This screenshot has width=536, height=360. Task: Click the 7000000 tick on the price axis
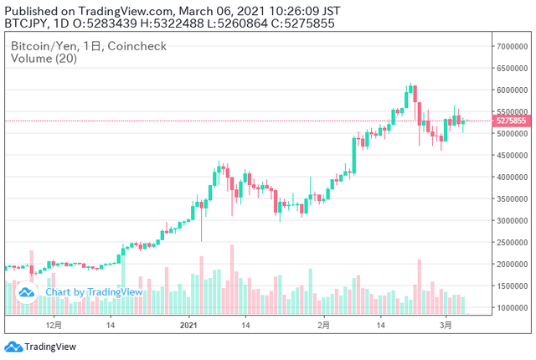(x=512, y=46)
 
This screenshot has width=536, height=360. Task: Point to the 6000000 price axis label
(x=512, y=90)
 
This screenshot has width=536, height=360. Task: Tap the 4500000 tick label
(x=512, y=156)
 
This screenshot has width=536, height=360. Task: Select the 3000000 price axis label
(x=512, y=221)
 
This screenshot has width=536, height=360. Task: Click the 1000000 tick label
(x=512, y=308)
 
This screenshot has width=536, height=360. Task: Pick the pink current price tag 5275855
(x=512, y=121)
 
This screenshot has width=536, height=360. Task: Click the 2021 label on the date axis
(x=188, y=325)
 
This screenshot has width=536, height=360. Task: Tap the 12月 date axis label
(x=54, y=325)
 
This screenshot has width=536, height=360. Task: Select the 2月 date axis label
(x=323, y=325)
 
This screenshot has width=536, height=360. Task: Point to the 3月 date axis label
(x=446, y=325)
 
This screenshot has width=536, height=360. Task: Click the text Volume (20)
(x=44, y=59)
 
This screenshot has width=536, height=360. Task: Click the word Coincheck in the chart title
(x=137, y=46)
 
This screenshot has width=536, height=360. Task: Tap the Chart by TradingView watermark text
(x=94, y=292)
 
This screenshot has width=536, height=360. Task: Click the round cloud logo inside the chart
(x=26, y=292)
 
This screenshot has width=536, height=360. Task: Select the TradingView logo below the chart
(x=40, y=347)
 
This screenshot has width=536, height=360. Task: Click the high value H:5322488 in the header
(x=172, y=23)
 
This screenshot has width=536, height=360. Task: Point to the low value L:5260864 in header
(x=238, y=23)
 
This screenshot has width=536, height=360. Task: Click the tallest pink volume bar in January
(x=232, y=280)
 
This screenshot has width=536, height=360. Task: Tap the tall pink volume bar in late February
(x=420, y=286)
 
